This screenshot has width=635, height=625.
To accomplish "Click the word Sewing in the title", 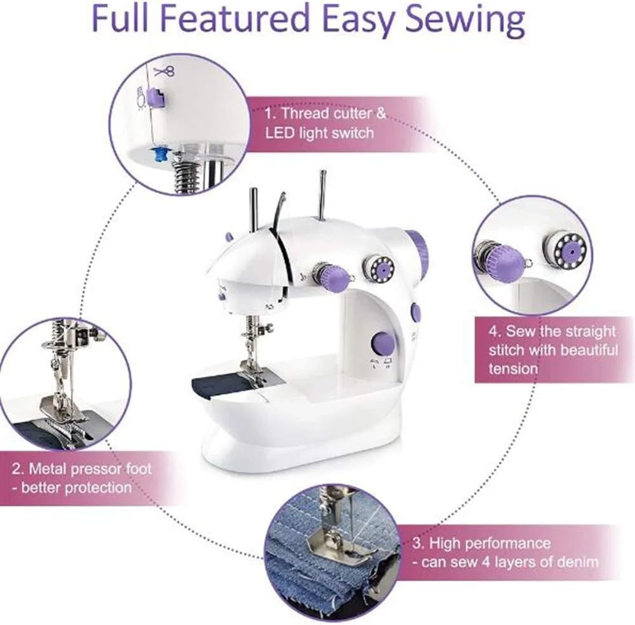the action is click(x=465, y=20).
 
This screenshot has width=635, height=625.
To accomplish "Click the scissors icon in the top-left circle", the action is click(x=164, y=72).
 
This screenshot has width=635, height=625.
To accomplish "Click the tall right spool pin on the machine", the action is click(x=323, y=195).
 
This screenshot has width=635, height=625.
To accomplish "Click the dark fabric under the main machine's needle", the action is click(x=218, y=386).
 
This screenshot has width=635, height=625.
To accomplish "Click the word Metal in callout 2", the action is click(x=48, y=469).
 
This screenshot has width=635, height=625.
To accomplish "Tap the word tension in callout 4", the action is click(x=513, y=369).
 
